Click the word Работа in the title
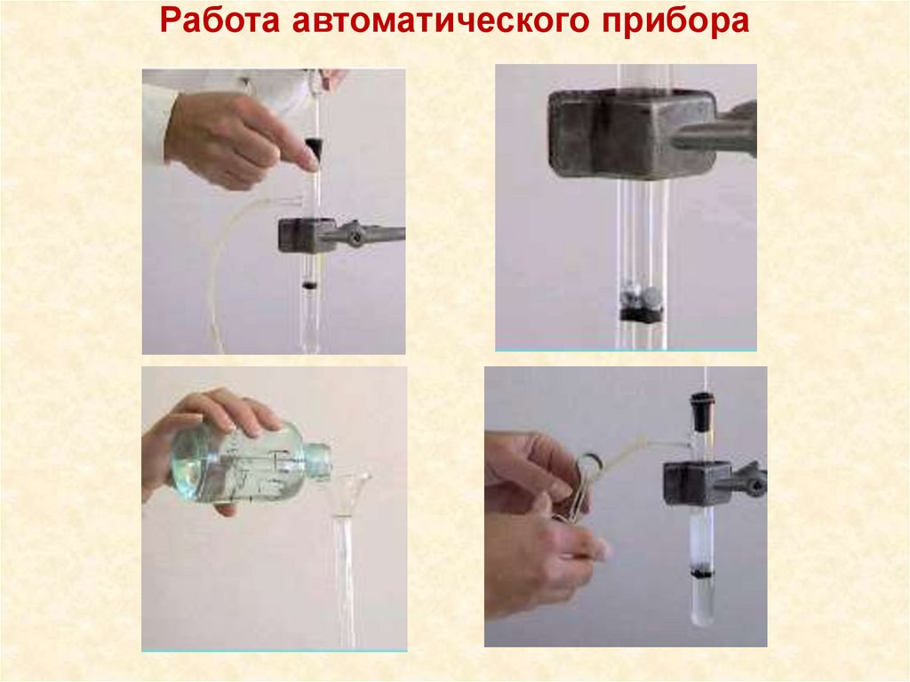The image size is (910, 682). pos(220,21)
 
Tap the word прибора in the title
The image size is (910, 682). pos(675,22)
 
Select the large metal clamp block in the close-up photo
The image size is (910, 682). pos(633,133)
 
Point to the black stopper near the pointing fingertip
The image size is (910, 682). pos(314,148)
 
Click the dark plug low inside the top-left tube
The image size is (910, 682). pos(310,285)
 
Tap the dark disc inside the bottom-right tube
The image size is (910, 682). pos(701,574)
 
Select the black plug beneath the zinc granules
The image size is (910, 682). pos(641,314)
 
